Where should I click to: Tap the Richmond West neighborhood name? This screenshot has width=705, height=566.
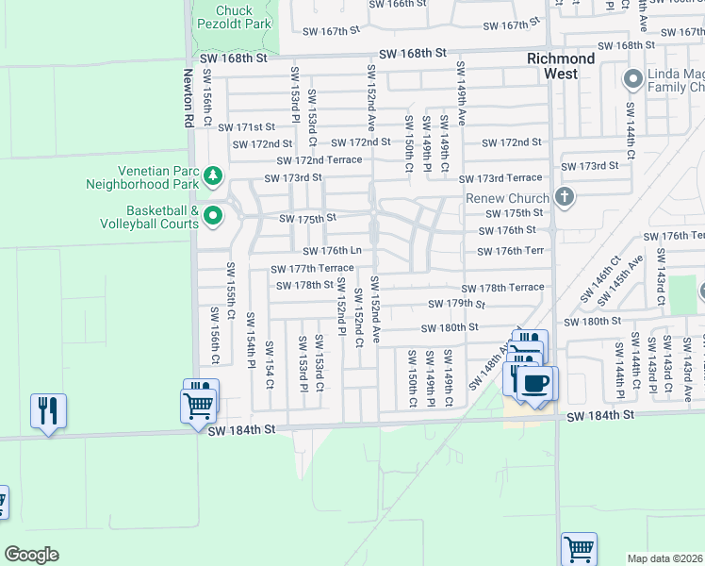click(560, 66)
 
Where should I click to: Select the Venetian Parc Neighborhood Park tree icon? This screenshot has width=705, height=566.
click(213, 175)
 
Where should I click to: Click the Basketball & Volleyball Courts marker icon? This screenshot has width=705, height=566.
click(213, 216)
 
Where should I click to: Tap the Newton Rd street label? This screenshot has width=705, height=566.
click(188, 97)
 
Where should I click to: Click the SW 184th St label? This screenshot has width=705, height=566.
click(249, 429)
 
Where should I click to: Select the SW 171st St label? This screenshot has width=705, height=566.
click(246, 126)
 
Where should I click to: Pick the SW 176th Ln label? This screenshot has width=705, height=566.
click(332, 251)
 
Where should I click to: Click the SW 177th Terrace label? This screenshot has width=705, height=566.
click(314, 269)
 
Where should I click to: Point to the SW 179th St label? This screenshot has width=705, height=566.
click(455, 304)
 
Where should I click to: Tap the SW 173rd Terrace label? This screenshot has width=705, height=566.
click(500, 178)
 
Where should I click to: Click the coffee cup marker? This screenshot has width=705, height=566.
click(535, 383)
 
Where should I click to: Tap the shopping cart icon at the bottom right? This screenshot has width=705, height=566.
click(579, 548)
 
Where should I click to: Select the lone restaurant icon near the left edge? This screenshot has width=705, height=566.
click(48, 410)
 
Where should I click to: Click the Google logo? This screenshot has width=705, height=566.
click(31, 555)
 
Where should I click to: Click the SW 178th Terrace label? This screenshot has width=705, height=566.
click(502, 288)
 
